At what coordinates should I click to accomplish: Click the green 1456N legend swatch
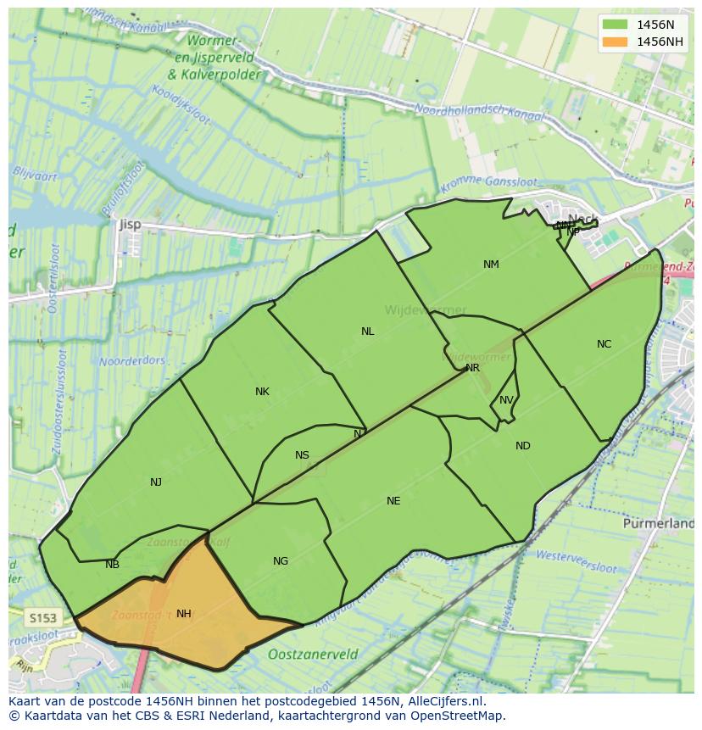[x=615, y=24]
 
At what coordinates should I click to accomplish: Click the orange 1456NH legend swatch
[x=615, y=42]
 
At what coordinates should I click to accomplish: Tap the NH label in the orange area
[x=183, y=614]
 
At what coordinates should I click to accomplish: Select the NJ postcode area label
[x=156, y=482]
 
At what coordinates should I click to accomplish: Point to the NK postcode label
[x=262, y=392]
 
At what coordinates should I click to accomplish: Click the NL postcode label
[x=367, y=332]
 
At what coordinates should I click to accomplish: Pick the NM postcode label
[x=491, y=265]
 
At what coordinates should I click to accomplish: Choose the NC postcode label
[x=604, y=344]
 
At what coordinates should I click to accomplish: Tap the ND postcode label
[x=522, y=446]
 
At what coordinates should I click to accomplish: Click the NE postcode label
[x=393, y=501]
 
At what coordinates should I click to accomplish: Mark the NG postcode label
[x=281, y=561]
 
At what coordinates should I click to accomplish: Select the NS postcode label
[x=302, y=455]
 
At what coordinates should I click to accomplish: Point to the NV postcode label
[x=506, y=400]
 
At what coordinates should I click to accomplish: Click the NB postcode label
[x=112, y=565]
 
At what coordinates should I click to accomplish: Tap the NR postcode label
[x=472, y=368]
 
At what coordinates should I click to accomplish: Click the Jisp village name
[x=130, y=225]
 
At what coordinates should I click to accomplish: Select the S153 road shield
[x=41, y=618]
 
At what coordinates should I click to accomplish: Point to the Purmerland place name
[x=658, y=524]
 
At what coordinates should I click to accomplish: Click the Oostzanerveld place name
[x=312, y=655]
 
